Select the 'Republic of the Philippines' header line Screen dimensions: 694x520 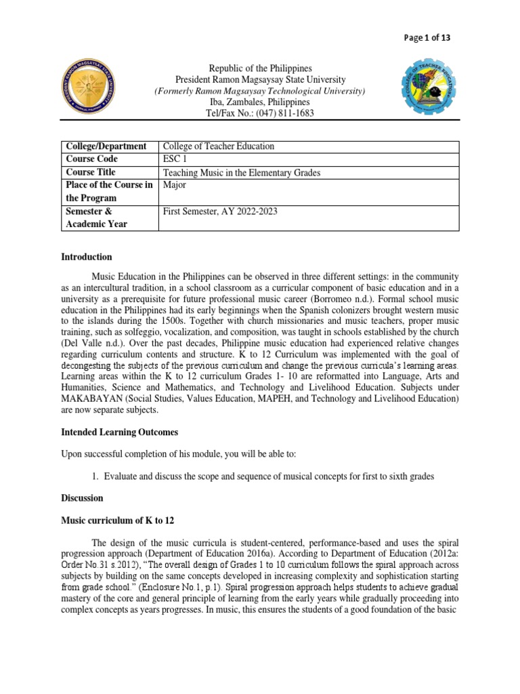pos(261,68)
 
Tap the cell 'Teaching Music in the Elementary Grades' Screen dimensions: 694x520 pos(242,173)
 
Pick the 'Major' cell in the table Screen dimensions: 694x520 pos(175,185)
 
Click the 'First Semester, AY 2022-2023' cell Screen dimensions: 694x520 pos(220,211)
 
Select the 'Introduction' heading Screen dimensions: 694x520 pos(87,258)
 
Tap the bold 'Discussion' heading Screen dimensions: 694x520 pos(82,498)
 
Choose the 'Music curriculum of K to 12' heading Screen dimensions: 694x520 pos(118,520)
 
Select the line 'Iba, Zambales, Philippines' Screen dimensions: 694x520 pos(261,102)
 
